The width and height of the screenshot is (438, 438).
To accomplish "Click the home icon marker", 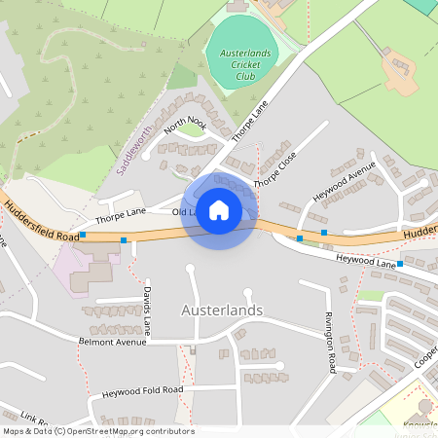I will (219, 209).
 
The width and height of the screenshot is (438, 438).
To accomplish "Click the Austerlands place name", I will (222, 310).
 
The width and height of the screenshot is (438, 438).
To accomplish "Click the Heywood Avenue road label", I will (343, 181).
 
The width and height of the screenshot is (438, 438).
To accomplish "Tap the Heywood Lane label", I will (365, 262).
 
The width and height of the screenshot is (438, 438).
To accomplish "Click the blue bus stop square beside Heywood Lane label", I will (400, 264).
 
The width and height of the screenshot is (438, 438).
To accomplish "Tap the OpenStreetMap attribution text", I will (97, 431).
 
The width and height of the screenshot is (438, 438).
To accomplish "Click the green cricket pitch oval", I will (242, 56).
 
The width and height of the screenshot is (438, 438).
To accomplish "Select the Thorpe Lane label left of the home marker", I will (122, 209).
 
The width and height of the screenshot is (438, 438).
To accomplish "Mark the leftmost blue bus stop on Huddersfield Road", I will (83, 235).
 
